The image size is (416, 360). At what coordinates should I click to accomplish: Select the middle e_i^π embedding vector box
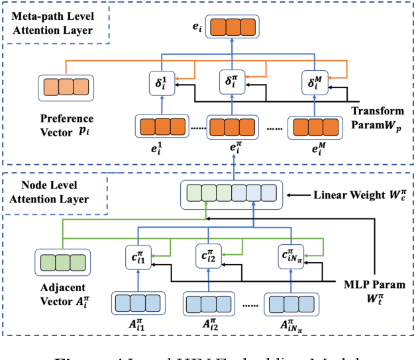coord(232,126)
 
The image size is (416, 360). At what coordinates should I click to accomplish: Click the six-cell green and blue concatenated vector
coord(232,193)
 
